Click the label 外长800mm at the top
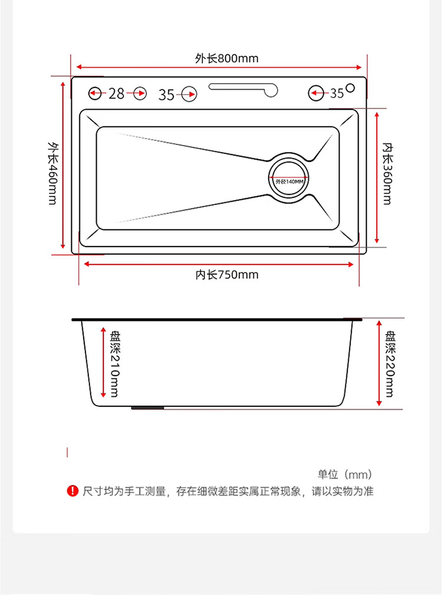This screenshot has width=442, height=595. pyautogui.click(x=227, y=58)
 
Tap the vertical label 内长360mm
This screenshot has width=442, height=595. pyautogui.click(x=387, y=172)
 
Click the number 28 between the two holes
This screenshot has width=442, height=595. pyautogui.click(x=117, y=93)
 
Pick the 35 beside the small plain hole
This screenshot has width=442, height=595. pyautogui.click(x=337, y=93)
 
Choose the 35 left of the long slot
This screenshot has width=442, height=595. pyautogui.click(x=167, y=94)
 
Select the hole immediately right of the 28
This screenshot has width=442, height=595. pyautogui.click(x=140, y=93)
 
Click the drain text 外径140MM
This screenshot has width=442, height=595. pyautogui.click(x=289, y=182)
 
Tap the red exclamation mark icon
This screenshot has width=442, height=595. pyautogui.click(x=72, y=491)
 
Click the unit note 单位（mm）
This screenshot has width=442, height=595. pyautogui.click(x=345, y=474)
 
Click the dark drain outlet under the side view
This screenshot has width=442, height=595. pyautogui.click(x=148, y=407)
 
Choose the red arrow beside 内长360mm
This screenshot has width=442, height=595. pyautogui.click(x=377, y=177)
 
